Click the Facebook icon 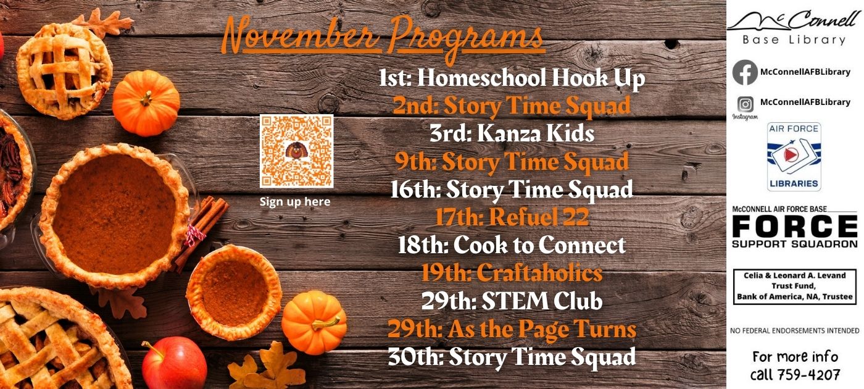point(745,72)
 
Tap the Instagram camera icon point(746,104)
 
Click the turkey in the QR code point(296,151)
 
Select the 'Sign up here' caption point(295,201)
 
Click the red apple point(173,364)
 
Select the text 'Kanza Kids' point(536,133)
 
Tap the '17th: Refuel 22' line point(512,217)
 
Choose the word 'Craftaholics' point(539,272)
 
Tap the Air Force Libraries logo point(794,157)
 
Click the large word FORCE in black point(795,227)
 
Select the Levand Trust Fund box point(795,287)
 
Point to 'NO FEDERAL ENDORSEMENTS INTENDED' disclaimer point(795,331)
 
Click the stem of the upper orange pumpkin point(146,98)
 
